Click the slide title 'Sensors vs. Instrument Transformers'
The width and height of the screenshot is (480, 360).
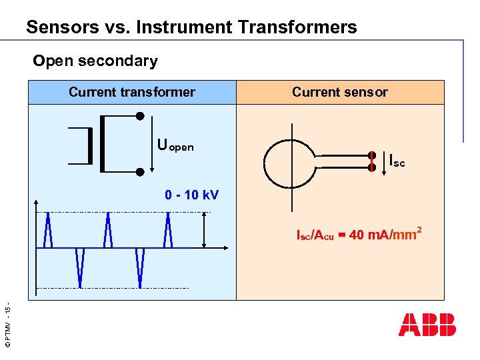pyautogui.click(x=191, y=27)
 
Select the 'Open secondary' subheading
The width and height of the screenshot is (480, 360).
pyautogui.click(x=95, y=61)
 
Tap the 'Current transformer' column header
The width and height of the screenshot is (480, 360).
pyautogui.click(x=132, y=92)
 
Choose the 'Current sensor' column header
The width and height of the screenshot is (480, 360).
pyautogui.click(x=339, y=92)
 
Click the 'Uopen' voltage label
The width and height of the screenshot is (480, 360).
pyautogui.click(x=175, y=145)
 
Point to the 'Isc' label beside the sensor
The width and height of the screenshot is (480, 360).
pyautogui.click(x=397, y=161)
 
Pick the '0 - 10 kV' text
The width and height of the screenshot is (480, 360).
pyautogui.click(x=192, y=195)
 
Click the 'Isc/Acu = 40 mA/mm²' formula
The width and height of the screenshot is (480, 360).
pyautogui.click(x=358, y=234)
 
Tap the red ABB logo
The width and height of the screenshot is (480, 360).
pyautogui.click(x=427, y=324)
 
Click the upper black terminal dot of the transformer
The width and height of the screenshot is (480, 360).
pyautogui.click(x=140, y=116)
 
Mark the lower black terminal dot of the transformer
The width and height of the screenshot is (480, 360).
pyautogui.click(x=140, y=172)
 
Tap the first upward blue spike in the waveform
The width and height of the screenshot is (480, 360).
pyautogui.click(x=48, y=230)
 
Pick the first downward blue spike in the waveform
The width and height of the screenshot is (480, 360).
pyautogui.click(x=80, y=267)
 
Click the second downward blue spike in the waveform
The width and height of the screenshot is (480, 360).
pyautogui.click(x=140, y=267)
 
